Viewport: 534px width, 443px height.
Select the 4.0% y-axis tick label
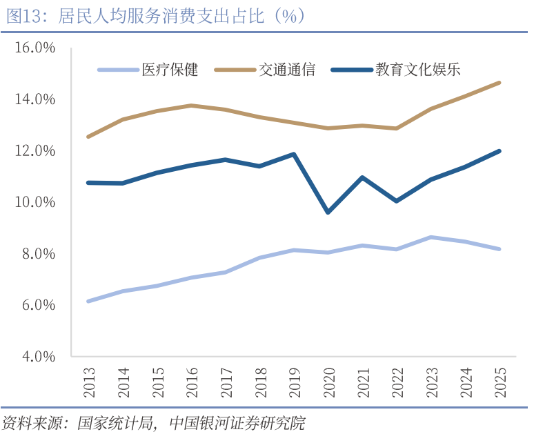(x=36, y=357)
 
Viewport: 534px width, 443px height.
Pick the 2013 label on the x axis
(x=89, y=382)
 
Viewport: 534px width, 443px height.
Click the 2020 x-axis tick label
(x=328, y=382)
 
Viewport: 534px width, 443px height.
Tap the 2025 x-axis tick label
(x=500, y=382)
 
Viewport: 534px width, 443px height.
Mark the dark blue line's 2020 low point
(x=328, y=212)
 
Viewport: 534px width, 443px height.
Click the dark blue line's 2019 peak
(x=294, y=155)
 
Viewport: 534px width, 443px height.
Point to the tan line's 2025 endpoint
(x=499, y=83)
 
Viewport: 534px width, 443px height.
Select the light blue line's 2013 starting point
(x=88, y=302)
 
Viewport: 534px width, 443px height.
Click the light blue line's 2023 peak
(x=431, y=237)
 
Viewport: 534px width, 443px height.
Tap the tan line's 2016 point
(x=191, y=106)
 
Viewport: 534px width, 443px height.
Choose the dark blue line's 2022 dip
(x=396, y=201)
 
